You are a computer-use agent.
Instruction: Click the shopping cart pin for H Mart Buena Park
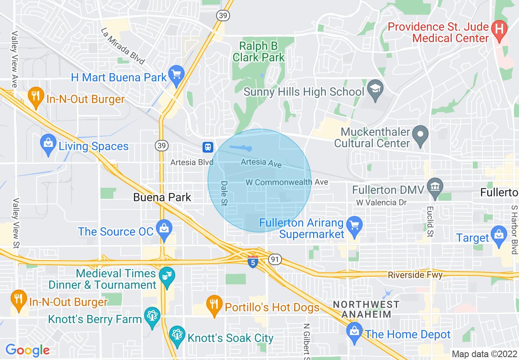click(x=176, y=75)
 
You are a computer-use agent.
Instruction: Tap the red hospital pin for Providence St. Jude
click(x=499, y=30)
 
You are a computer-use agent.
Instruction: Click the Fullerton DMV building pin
click(x=435, y=187)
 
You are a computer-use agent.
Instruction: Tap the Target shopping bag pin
click(x=499, y=235)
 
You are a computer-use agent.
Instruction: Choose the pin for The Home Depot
click(x=354, y=331)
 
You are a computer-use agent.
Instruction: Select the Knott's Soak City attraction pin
click(x=177, y=335)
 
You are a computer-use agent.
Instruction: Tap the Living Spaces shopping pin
click(x=48, y=144)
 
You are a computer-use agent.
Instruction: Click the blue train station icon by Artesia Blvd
click(x=208, y=147)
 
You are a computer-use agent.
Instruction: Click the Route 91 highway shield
click(x=274, y=259)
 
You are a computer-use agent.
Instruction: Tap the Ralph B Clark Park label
click(x=259, y=52)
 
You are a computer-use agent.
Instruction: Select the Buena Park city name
click(x=162, y=197)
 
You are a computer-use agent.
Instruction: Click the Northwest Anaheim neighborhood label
click(x=366, y=309)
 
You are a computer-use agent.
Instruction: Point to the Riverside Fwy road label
click(x=415, y=275)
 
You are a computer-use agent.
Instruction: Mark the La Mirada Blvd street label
click(x=123, y=46)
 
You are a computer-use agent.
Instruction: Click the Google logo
click(x=27, y=350)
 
